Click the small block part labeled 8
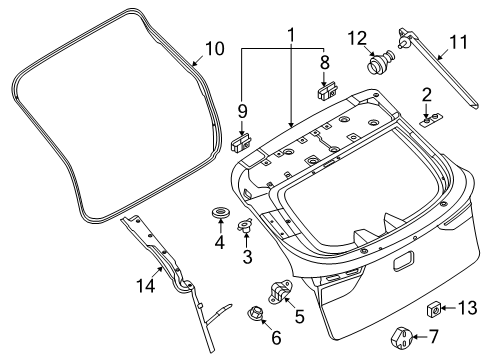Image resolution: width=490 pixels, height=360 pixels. coord(326,93)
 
